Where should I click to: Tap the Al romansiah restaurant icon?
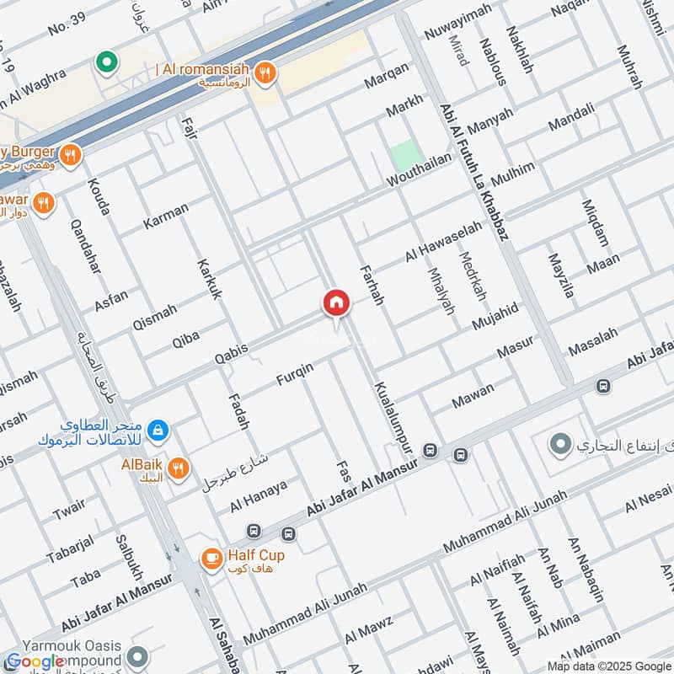(x=265, y=73)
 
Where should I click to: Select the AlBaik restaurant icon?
(x=178, y=469)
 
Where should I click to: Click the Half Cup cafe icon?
(x=211, y=558)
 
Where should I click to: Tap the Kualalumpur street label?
(x=393, y=416)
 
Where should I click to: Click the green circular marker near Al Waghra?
(x=106, y=62)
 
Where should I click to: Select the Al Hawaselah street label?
(x=443, y=242)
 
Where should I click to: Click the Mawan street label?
(x=473, y=397)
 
